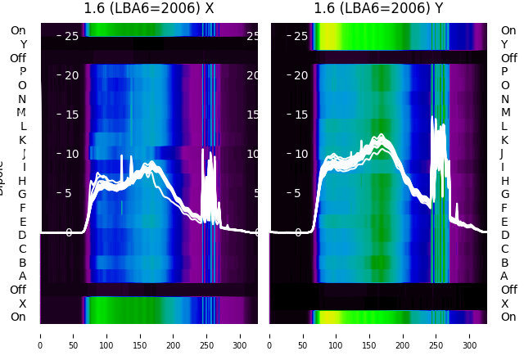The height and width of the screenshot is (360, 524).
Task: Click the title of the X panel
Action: click(149, 9)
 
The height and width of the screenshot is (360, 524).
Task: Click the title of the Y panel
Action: click(378, 9)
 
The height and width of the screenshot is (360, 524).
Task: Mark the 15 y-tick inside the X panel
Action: click(72, 115)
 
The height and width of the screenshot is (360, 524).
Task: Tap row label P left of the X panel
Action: click(23, 72)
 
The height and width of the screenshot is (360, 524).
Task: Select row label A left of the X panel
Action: click(23, 276)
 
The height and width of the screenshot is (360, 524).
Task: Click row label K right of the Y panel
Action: click(505, 140)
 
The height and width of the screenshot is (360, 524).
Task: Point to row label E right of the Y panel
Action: click(505, 222)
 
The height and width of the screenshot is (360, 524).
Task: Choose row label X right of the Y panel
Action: click(505, 304)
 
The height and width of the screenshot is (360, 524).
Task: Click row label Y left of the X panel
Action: click(23, 44)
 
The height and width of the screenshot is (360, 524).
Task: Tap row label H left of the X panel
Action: click(23, 181)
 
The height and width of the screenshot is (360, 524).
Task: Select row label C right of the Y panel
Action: click(505, 249)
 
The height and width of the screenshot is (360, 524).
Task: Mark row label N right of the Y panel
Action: click(505, 99)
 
